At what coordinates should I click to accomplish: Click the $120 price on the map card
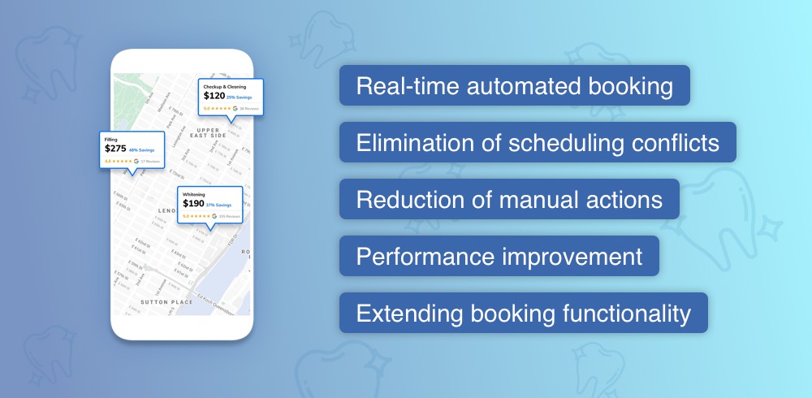(x=214, y=95)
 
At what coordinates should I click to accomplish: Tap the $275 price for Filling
(x=115, y=149)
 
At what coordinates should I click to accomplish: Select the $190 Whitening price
(x=193, y=205)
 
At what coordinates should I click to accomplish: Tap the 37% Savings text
(x=219, y=205)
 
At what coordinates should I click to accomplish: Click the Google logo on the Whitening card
(x=214, y=217)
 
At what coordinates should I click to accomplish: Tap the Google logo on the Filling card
(x=136, y=162)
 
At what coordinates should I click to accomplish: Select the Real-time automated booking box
(x=514, y=86)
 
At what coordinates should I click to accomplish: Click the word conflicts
(x=670, y=143)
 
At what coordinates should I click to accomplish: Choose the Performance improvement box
(x=499, y=257)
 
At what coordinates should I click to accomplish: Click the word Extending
(x=397, y=314)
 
